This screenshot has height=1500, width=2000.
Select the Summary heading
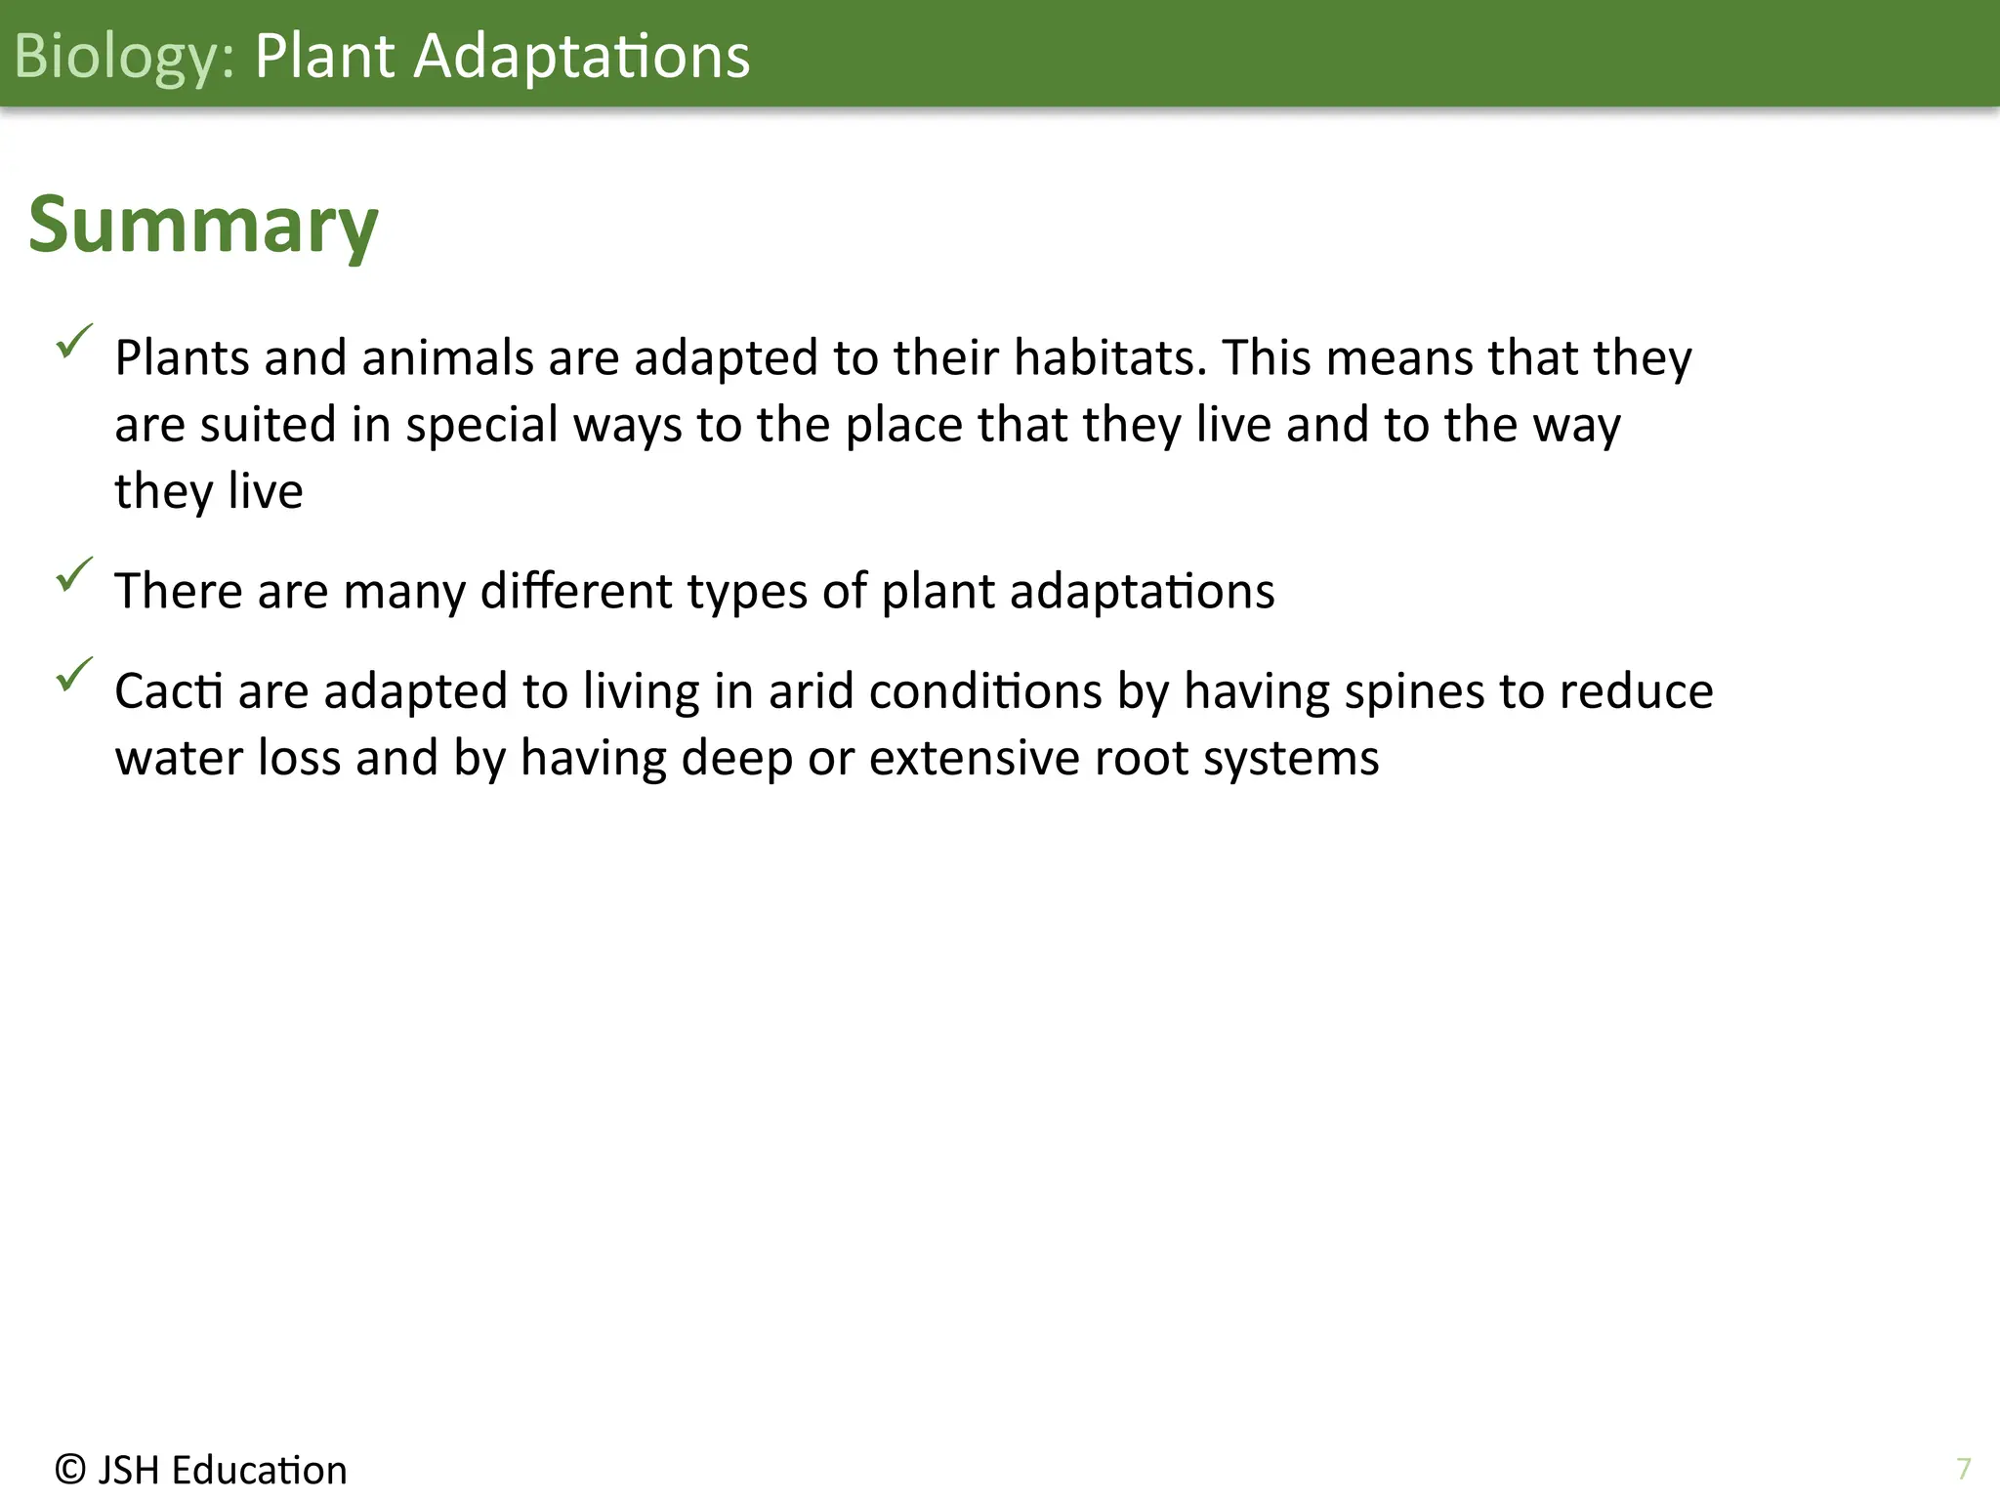203,225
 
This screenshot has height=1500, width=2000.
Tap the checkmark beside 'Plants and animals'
73,341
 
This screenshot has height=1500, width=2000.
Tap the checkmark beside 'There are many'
73,574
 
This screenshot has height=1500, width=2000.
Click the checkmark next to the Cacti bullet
73,674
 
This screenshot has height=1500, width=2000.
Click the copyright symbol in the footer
70,1469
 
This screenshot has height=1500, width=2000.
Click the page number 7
1963,1469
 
